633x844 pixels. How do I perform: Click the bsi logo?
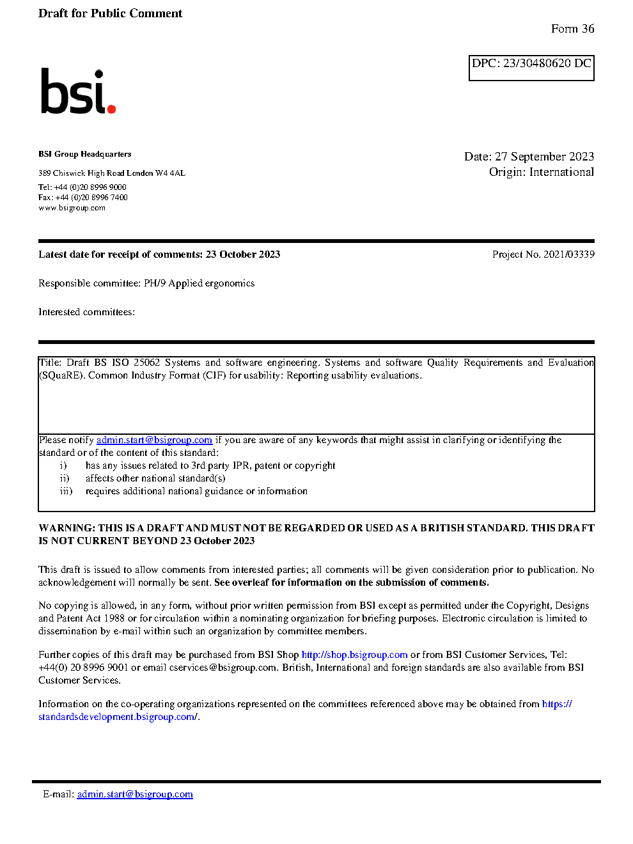pos(77,91)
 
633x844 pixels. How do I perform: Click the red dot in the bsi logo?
pos(112,109)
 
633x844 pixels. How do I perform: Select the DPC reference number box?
pos(531,68)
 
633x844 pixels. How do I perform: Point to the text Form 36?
pos(572,29)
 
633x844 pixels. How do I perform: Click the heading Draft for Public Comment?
pos(110,13)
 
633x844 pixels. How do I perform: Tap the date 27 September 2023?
pos(544,157)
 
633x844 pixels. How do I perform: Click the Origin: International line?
pos(541,172)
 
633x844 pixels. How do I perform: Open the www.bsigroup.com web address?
pos(72,208)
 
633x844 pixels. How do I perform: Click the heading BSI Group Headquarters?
pos(84,154)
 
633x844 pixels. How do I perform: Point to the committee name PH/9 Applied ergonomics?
pos(199,283)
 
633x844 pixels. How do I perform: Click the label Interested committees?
pos(86,312)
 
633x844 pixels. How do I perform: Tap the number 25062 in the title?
pos(146,363)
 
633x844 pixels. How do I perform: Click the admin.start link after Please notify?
pos(154,440)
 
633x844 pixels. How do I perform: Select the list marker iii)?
pos(66,491)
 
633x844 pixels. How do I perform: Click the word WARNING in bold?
pos(66,528)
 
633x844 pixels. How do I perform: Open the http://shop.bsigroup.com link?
pos(354,655)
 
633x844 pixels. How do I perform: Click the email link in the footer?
pos(135,794)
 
